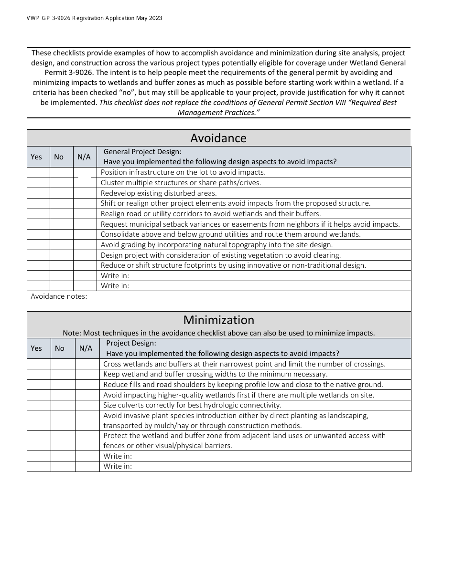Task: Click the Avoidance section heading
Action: [218, 138]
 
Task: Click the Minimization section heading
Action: [218, 320]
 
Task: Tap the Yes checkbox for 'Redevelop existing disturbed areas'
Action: [38, 193]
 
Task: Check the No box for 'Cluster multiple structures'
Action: [62, 183]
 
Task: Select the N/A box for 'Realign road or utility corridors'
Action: [85, 214]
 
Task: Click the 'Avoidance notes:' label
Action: [59, 296]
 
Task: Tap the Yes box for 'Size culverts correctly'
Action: [39, 405]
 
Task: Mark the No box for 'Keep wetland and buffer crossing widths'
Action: [63, 374]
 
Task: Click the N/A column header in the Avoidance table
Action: [84, 157]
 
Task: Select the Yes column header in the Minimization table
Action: [36, 348]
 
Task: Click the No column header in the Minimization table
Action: [59, 348]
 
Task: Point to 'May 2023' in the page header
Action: [149, 18]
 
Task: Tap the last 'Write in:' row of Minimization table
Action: [118, 466]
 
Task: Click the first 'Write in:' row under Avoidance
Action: [115, 275]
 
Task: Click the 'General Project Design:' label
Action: [142, 151]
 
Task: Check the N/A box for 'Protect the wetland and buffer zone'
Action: [87, 440]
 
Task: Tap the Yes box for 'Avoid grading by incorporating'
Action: [38, 245]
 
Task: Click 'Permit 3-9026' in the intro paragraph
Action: [67, 73]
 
